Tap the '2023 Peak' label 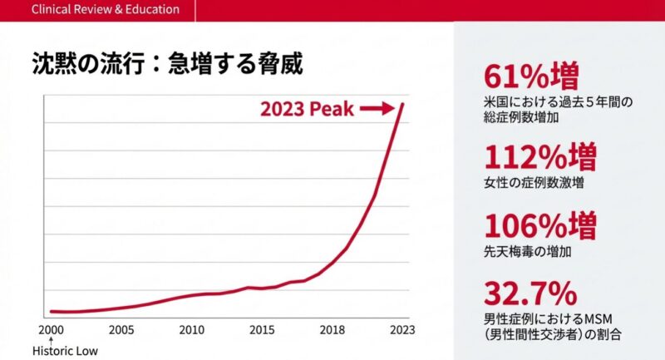(x=307, y=109)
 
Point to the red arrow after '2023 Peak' (x=378, y=109)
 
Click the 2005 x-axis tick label (x=121, y=329)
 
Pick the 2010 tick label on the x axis (x=192, y=329)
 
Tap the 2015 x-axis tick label (x=262, y=329)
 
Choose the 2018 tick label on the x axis (x=332, y=329)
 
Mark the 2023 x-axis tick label (x=402, y=329)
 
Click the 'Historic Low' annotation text (x=65, y=351)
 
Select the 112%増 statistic (x=539, y=156)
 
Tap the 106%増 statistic (x=539, y=225)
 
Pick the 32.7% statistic (x=530, y=293)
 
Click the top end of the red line (x=404, y=103)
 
